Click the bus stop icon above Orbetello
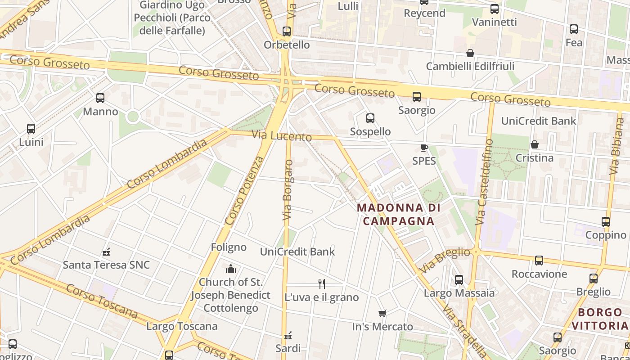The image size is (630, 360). tap(287, 31)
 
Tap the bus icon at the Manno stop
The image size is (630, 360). tap(100, 98)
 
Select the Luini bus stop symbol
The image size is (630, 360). tap(31, 129)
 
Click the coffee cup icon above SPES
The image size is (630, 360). tap(424, 148)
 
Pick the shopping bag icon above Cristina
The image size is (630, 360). tap(534, 144)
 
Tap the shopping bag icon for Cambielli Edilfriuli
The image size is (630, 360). tap(470, 53)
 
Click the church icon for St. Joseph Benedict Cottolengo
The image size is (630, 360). tap(231, 269)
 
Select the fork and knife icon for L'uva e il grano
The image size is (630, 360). tap(321, 283)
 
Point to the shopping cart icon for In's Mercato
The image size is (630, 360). tap(382, 313)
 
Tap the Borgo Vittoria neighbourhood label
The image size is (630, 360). tap(600, 319)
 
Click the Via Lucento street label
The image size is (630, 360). tap(282, 135)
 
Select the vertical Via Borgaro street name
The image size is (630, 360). tap(288, 190)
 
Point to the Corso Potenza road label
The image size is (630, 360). tap(244, 191)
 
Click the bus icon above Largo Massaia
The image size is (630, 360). tap(459, 280)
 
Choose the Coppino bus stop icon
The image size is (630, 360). tap(606, 222)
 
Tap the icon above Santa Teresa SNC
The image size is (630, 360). tap(106, 252)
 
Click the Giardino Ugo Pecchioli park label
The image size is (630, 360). tap(172, 18)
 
